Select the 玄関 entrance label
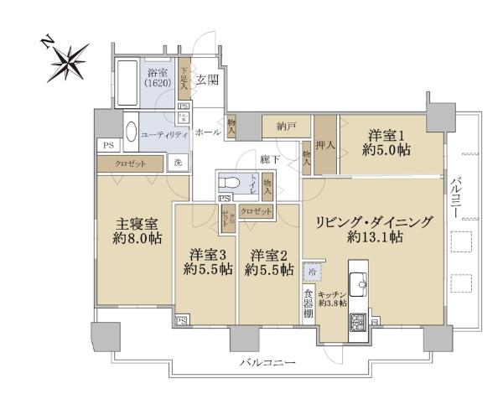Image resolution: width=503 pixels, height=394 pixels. tap(207, 80)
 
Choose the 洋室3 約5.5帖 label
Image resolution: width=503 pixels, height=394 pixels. tap(206, 262)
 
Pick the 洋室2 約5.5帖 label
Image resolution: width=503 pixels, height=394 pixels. tap(267, 262)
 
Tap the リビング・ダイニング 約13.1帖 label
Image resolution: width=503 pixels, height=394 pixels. tap(374, 229)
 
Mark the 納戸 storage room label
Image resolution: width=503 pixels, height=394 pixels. tap(286, 127)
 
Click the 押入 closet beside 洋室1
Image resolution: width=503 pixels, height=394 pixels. tap(325, 143)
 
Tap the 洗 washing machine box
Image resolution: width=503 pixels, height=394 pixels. tap(179, 163)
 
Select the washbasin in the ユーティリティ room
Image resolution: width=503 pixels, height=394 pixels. tap(130, 133)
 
